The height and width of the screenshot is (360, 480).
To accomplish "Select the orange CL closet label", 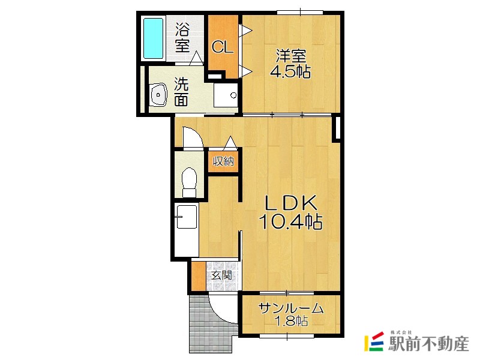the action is (x=222, y=47).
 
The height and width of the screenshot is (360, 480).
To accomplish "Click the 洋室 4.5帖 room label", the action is (x=290, y=64).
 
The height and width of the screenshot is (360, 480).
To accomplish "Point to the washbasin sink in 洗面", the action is (x=158, y=95).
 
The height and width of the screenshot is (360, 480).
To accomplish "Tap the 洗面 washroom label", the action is (x=182, y=92).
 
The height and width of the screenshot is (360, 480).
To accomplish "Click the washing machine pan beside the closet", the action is (x=226, y=95).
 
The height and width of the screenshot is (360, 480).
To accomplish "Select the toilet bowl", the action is (x=189, y=182).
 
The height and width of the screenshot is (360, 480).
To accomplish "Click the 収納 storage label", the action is (x=223, y=161).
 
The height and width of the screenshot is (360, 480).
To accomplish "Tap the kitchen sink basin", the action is (x=187, y=217).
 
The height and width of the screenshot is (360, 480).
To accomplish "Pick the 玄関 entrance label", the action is (x=221, y=275).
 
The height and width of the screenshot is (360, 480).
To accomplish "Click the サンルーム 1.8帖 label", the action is (x=291, y=314).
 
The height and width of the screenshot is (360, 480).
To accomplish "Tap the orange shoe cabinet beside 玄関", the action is (x=199, y=276).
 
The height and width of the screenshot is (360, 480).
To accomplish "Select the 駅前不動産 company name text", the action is (x=428, y=344).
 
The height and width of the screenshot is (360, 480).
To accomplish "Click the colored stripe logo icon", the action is (x=374, y=341).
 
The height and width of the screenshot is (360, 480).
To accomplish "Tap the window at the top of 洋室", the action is (x=300, y=12).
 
